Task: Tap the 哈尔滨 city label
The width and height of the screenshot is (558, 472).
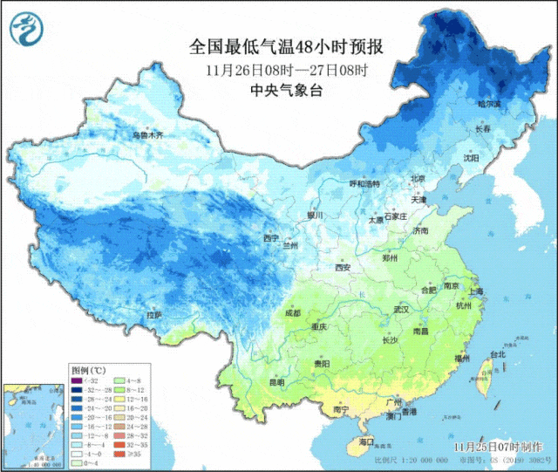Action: [x=489, y=104]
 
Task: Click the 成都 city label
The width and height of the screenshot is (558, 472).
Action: [x=292, y=312]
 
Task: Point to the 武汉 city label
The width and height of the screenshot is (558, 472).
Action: [x=401, y=310]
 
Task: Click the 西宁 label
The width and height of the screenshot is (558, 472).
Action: [x=271, y=237]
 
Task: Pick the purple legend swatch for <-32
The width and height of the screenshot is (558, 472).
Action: [x=78, y=381]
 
